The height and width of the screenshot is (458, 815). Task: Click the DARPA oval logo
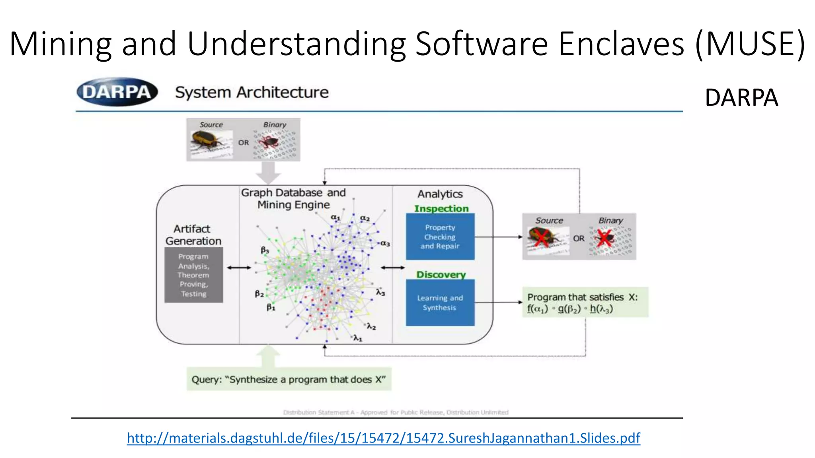(117, 92)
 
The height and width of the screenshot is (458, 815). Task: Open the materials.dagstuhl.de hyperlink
(383, 438)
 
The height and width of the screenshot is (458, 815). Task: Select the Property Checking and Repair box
(440, 237)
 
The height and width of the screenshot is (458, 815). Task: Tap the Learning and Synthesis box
(440, 303)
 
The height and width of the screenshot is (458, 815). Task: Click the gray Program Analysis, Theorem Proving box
(193, 275)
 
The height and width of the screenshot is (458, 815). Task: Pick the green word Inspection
(441, 208)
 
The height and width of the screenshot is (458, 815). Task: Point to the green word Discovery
(441, 275)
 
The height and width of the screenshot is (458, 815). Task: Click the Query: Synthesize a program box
(289, 379)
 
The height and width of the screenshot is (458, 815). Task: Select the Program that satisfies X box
(585, 303)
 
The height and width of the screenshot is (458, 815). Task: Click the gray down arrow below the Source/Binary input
(268, 172)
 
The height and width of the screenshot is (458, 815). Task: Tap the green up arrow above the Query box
(268, 356)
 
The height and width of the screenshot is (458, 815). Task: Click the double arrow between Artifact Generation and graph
(239, 268)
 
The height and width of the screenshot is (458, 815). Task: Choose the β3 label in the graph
(265, 250)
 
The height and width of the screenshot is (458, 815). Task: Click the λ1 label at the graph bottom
(358, 338)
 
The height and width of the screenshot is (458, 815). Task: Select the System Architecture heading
(252, 92)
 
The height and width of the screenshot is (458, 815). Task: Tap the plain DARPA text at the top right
(741, 98)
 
